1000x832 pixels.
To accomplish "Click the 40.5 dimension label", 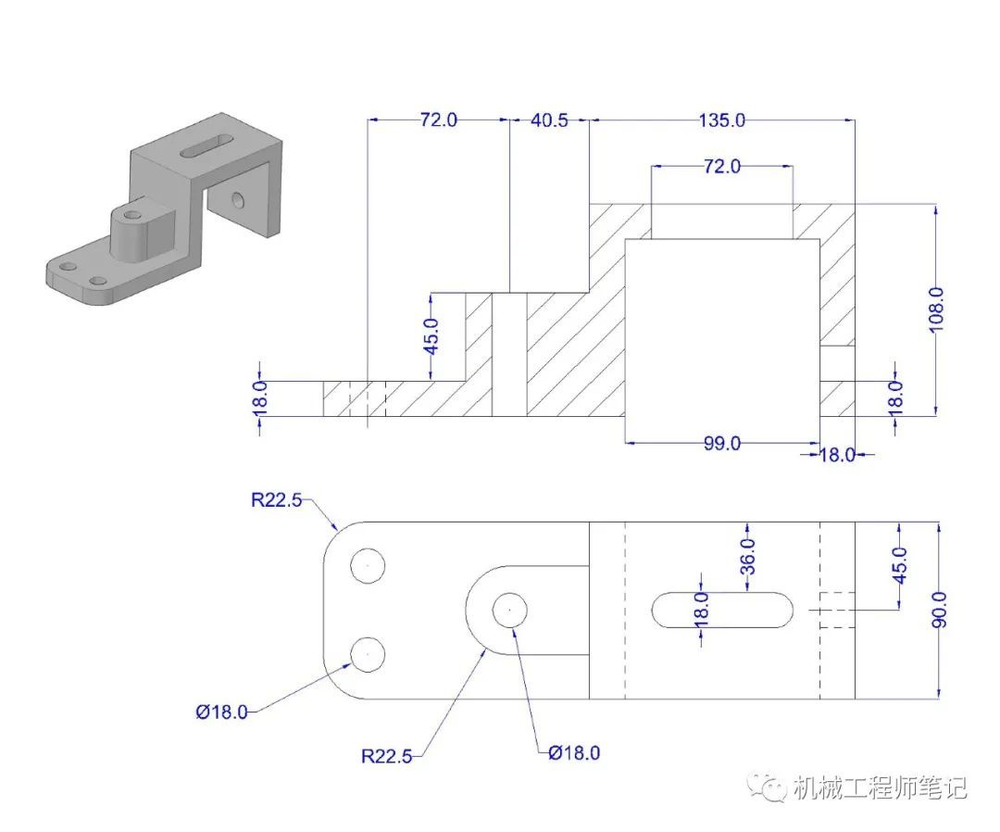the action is pyautogui.click(x=549, y=120).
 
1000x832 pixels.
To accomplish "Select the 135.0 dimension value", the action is pyautogui.click(x=721, y=120).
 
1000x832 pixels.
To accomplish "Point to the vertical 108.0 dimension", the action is pyautogui.click(x=935, y=310).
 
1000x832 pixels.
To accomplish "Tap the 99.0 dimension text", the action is pyautogui.click(x=722, y=443).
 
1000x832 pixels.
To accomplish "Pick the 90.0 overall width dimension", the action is pyautogui.click(x=940, y=610).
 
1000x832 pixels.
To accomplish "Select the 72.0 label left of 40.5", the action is pyautogui.click(x=439, y=120).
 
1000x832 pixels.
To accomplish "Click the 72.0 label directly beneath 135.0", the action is pyautogui.click(x=722, y=167).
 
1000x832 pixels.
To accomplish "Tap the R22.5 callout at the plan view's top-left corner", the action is pyautogui.click(x=276, y=499).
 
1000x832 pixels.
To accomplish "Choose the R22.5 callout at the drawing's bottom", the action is pyautogui.click(x=386, y=756).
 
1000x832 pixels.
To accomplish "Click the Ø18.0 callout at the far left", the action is pyautogui.click(x=221, y=712).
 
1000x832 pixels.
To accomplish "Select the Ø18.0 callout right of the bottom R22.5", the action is pyautogui.click(x=574, y=753).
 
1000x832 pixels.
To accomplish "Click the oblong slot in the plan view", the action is pyautogui.click(x=722, y=610).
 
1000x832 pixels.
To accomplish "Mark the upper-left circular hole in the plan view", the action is pyautogui.click(x=368, y=565).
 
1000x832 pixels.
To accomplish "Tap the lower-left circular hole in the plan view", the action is pyautogui.click(x=368, y=654).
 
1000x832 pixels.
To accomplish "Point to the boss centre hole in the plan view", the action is pyautogui.click(x=509, y=610).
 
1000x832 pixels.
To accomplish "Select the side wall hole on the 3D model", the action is pyautogui.click(x=238, y=200).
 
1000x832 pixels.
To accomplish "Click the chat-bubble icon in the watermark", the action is pyautogui.click(x=768, y=788).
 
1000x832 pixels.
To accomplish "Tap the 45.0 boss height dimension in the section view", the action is pyautogui.click(x=431, y=336).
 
